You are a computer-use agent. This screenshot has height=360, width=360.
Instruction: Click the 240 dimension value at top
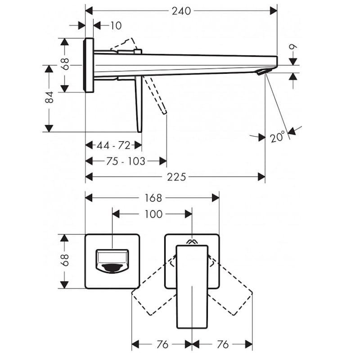[x=181, y=11]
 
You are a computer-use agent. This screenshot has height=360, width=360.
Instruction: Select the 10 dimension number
[x=116, y=26]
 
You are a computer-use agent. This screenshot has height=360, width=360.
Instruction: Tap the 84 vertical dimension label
[x=49, y=97]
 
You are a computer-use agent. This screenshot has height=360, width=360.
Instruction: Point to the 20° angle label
[x=277, y=137]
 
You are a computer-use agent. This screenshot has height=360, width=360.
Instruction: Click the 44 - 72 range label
[x=113, y=145]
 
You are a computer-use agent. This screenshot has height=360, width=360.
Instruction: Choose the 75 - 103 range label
[x=126, y=161]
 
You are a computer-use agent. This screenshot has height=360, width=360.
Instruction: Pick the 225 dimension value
[x=176, y=177]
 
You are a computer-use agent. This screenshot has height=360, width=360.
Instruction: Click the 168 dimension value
[x=153, y=198]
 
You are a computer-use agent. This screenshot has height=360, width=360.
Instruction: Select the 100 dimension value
[x=153, y=214]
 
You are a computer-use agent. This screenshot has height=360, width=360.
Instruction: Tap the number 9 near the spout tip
[x=293, y=47]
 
